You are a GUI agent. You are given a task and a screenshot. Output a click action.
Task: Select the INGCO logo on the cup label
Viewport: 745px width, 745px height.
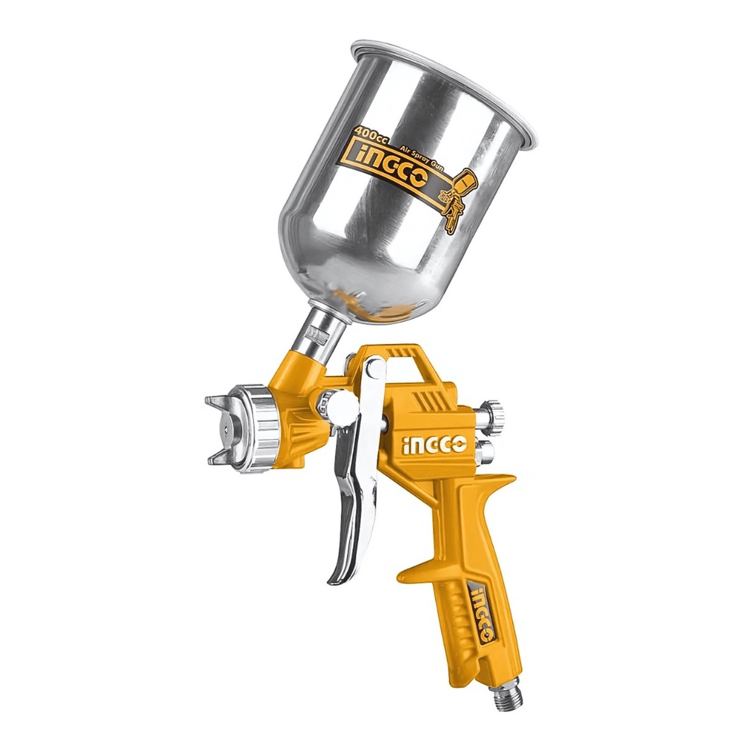click(x=391, y=177)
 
